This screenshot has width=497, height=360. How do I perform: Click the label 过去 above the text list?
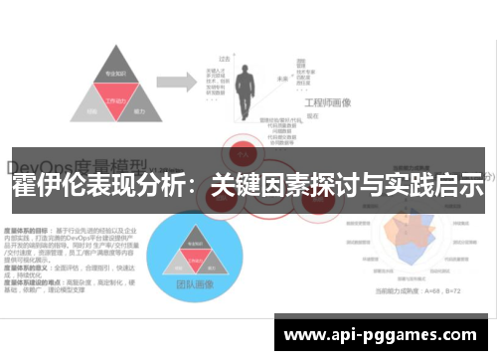click(226, 60)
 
